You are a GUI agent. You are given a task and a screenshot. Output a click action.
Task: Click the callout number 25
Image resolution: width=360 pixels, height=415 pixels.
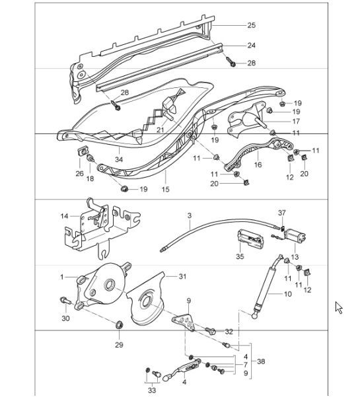(252, 25)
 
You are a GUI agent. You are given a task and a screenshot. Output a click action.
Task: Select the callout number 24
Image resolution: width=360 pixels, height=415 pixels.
(252, 46)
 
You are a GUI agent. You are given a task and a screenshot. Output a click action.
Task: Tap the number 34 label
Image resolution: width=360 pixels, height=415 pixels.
(119, 160)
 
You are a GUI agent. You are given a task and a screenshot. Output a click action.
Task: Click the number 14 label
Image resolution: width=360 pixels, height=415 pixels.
(64, 216)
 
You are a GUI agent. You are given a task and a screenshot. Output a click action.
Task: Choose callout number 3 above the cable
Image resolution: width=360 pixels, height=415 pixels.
(189, 215)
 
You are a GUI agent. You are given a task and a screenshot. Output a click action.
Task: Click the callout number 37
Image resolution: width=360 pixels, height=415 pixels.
(282, 213)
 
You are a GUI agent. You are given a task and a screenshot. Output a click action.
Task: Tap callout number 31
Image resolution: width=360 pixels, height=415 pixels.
(182, 276)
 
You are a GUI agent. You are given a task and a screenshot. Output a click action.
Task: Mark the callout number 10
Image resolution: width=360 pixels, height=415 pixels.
(287, 293)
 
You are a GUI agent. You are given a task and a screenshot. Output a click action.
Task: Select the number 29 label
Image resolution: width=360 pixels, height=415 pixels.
(119, 345)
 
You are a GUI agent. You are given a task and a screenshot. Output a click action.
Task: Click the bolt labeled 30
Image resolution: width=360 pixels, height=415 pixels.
(65, 299)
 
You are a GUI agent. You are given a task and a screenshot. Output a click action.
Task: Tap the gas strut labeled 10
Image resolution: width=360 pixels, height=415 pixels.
(266, 285)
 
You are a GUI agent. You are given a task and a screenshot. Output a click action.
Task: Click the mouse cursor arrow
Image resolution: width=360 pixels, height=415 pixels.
(339, 307)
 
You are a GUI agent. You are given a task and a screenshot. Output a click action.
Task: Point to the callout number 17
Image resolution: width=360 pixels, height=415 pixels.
(296, 122)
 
